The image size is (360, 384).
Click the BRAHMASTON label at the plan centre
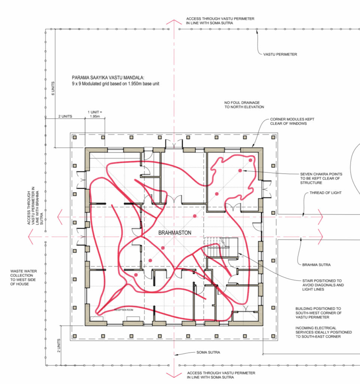[x=175, y=232]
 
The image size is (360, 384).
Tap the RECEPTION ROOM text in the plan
[x=124, y=310]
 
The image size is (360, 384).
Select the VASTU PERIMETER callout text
[x=280, y=54]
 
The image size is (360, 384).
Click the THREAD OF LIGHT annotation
[x=326, y=193]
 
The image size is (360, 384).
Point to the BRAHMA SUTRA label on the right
[x=316, y=265]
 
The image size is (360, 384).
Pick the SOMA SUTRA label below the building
[x=208, y=352]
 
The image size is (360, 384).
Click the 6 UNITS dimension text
[x=53, y=88]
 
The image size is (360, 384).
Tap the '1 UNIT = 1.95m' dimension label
[x=95, y=114]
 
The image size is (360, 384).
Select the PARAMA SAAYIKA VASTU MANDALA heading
[x=108, y=78]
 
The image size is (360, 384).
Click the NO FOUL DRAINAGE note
[x=244, y=105]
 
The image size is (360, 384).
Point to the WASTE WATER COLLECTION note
[x=24, y=277]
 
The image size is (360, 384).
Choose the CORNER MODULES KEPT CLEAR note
[x=292, y=121]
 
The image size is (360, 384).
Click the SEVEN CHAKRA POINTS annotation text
[x=321, y=178]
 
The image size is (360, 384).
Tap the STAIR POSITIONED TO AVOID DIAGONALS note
[x=323, y=285]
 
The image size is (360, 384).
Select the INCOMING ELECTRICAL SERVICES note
[x=323, y=332]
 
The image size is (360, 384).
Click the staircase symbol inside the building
[x=221, y=248]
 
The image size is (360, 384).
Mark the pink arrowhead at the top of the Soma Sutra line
[x=174, y=22]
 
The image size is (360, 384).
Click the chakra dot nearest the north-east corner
[x=251, y=160]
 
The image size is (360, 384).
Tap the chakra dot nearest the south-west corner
[x=136, y=275]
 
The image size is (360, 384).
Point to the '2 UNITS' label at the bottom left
[x=59, y=345]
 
